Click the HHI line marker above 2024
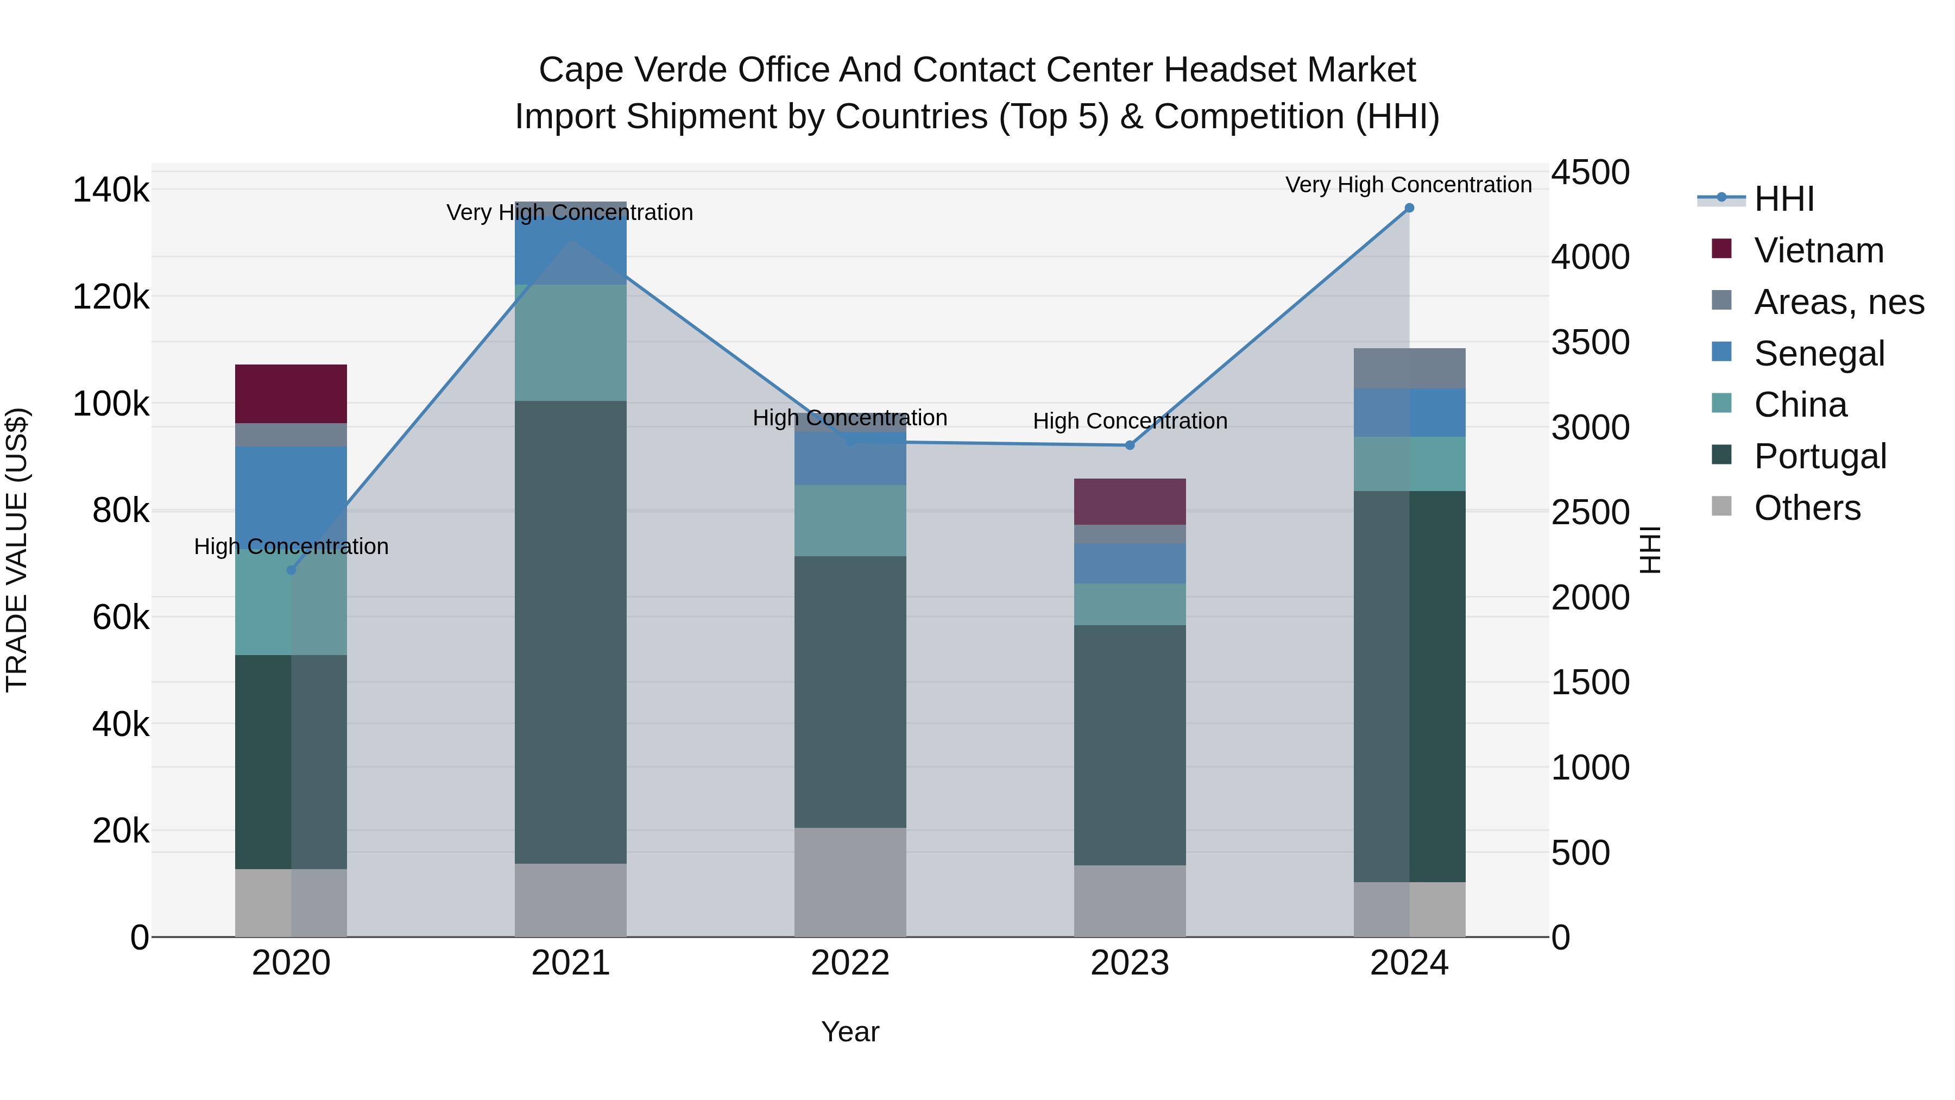(x=1409, y=208)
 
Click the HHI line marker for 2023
(x=1130, y=445)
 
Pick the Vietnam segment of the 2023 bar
(x=1130, y=502)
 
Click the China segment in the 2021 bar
(x=570, y=342)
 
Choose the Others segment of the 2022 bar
(x=850, y=882)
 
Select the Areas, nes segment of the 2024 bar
(x=1409, y=369)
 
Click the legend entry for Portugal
(x=1820, y=456)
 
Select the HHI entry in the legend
(x=1783, y=199)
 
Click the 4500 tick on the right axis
(x=1590, y=172)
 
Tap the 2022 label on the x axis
(x=850, y=963)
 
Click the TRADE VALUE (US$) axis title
(x=17, y=550)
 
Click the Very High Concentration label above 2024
(x=1409, y=185)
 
